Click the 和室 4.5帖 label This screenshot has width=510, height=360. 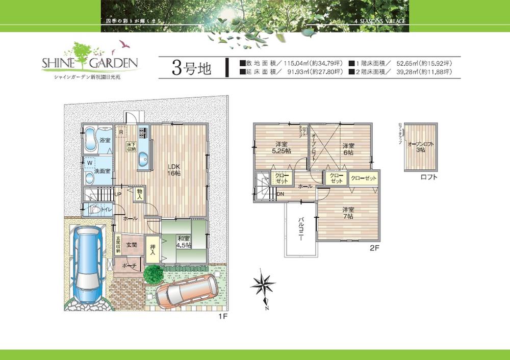184,241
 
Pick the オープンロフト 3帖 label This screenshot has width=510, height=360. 421,147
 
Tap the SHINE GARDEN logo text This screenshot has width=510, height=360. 90,63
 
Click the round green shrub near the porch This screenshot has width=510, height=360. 152,274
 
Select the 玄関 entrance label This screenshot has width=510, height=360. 132,245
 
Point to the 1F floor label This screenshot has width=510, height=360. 222,316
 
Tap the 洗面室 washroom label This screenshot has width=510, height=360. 103,171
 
